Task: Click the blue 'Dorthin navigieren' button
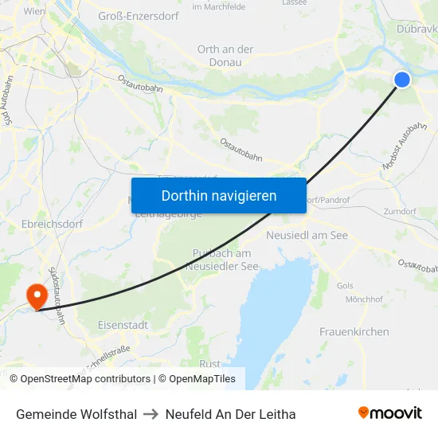pos(218,195)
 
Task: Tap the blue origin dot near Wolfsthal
pos(402,79)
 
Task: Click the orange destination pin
pos(37,297)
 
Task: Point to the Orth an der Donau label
pos(225,55)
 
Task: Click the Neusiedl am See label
pos(307,236)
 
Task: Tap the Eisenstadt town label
pos(122,325)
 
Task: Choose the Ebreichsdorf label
pos(52,225)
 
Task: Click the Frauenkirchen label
pos(354,331)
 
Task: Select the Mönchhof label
pos(365,299)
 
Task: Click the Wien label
pos(34,11)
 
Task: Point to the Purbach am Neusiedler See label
pos(225,259)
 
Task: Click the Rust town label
pos(209,363)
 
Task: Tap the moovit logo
pos(390,413)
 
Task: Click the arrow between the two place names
pos(151,414)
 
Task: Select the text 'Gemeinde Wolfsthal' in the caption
pos(76,414)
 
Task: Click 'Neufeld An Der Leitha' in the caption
pos(230,414)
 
